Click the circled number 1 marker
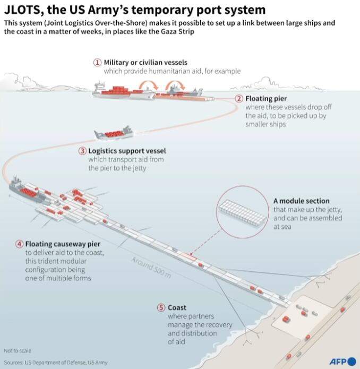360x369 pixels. pyautogui.click(x=97, y=62)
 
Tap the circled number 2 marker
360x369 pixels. pyautogui.click(x=239, y=99)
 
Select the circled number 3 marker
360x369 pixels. pyautogui.click(x=82, y=150)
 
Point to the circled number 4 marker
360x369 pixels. pyautogui.click(x=20, y=244)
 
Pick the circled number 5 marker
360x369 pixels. pyautogui.click(x=161, y=307)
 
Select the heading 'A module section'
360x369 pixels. pyautogui.click(x=301, y=201)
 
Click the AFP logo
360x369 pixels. pyautogui.click(x=342, y=362)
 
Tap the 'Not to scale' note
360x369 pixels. pyautogui.click(x=18, y=350)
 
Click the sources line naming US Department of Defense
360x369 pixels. pyautogui.click(x=55, y=362)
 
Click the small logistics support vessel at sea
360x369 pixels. pyautogui.click(x=113, y=133)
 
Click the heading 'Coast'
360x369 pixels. pyautogui.click(x=177, y=307)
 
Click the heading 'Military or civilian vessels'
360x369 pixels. pyautogui.click(x=145, y=62)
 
